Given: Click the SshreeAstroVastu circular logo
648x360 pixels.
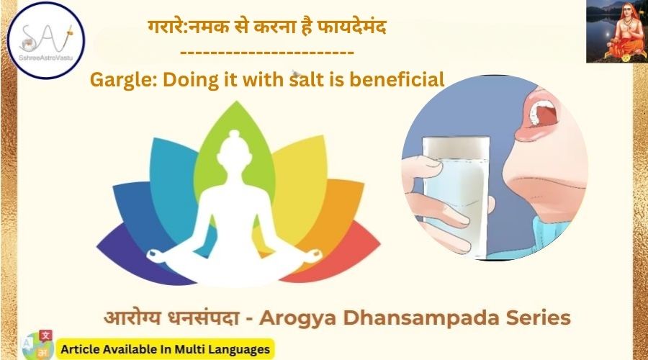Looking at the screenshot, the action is pyautogui.click(x=46, y=40).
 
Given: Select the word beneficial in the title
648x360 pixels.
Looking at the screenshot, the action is pyautogui.click(x=397, y=79).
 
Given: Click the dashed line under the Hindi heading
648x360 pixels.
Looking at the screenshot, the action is pyautogui.click(x=267, y=53).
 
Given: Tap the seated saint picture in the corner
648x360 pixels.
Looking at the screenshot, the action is pyautogui.click(x=616, y=32).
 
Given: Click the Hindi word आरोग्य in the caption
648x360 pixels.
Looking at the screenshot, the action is pyautogui.click(x=132, y=318).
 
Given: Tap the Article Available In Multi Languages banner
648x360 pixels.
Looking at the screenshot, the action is pyautogui.click(x=166, y=349).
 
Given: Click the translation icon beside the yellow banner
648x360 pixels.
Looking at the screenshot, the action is pyautogui.click(x=37, y=345).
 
